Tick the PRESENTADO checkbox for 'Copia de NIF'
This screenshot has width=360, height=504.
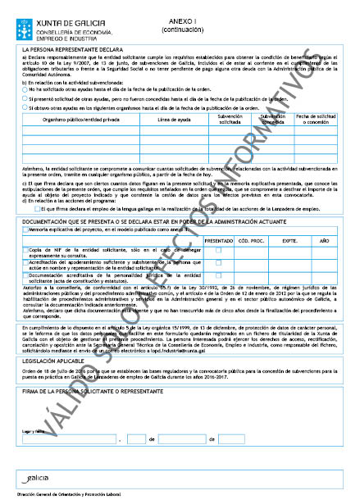218,250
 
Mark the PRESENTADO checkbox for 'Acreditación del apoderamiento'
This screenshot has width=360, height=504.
218,262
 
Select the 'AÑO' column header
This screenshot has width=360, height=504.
325,240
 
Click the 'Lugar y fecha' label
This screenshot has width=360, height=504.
34,429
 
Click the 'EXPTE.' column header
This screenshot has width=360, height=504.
288,240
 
